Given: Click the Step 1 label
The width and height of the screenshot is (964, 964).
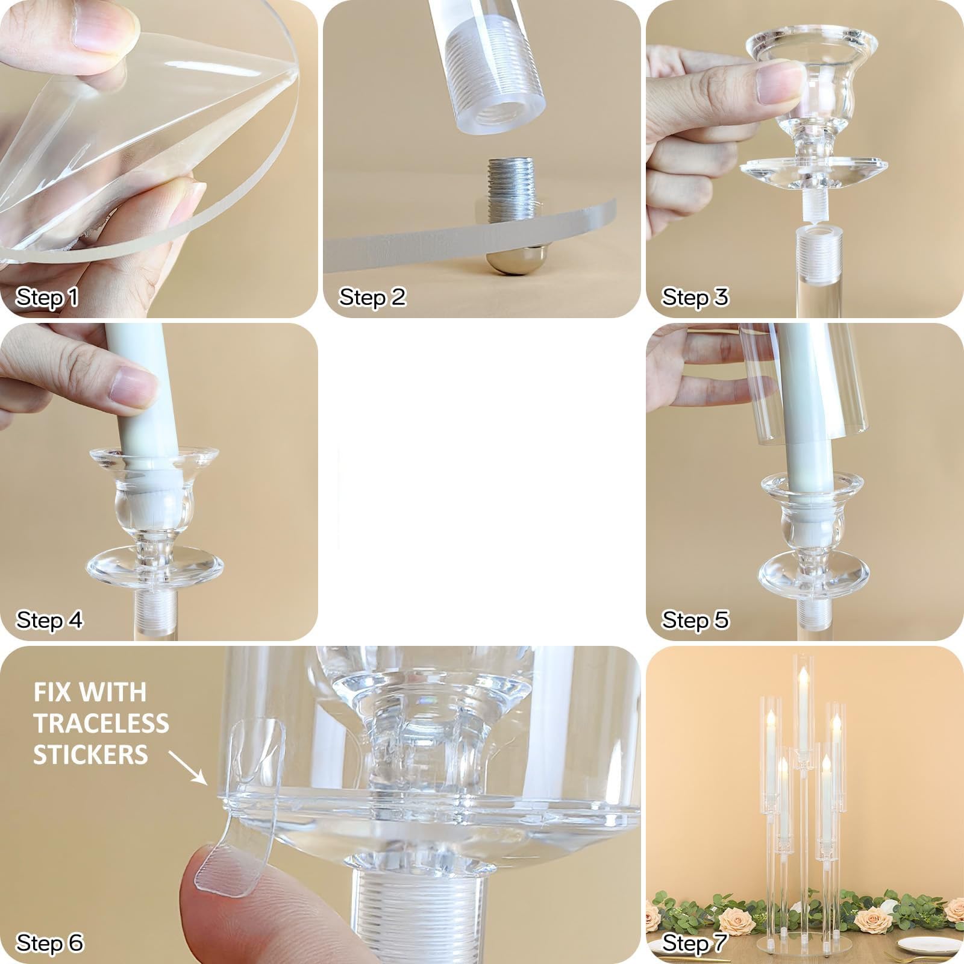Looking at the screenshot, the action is click(47, 297).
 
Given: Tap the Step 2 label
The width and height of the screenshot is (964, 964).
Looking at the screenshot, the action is click(372, 297).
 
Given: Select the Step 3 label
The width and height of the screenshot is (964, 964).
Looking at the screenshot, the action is click(695, 297).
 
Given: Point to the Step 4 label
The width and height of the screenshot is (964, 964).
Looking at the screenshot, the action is click(49, 620).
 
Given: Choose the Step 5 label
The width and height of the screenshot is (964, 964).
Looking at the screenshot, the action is click(695, 620).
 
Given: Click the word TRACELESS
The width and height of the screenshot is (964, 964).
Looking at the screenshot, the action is click(101, 723).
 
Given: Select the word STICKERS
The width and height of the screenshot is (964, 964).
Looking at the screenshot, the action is click(90, 754).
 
